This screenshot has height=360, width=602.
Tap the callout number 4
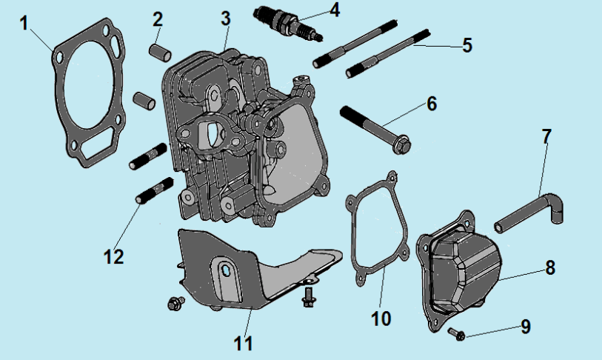[335, 10]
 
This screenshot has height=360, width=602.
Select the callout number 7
[546, 136]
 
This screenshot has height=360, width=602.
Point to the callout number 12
[114, 256]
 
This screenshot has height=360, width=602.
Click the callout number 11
[244, 344]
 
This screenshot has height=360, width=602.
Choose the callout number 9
[525, 326]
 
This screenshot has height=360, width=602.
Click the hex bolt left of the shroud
[175, 302]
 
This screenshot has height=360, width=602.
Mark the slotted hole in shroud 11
[224, 271]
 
